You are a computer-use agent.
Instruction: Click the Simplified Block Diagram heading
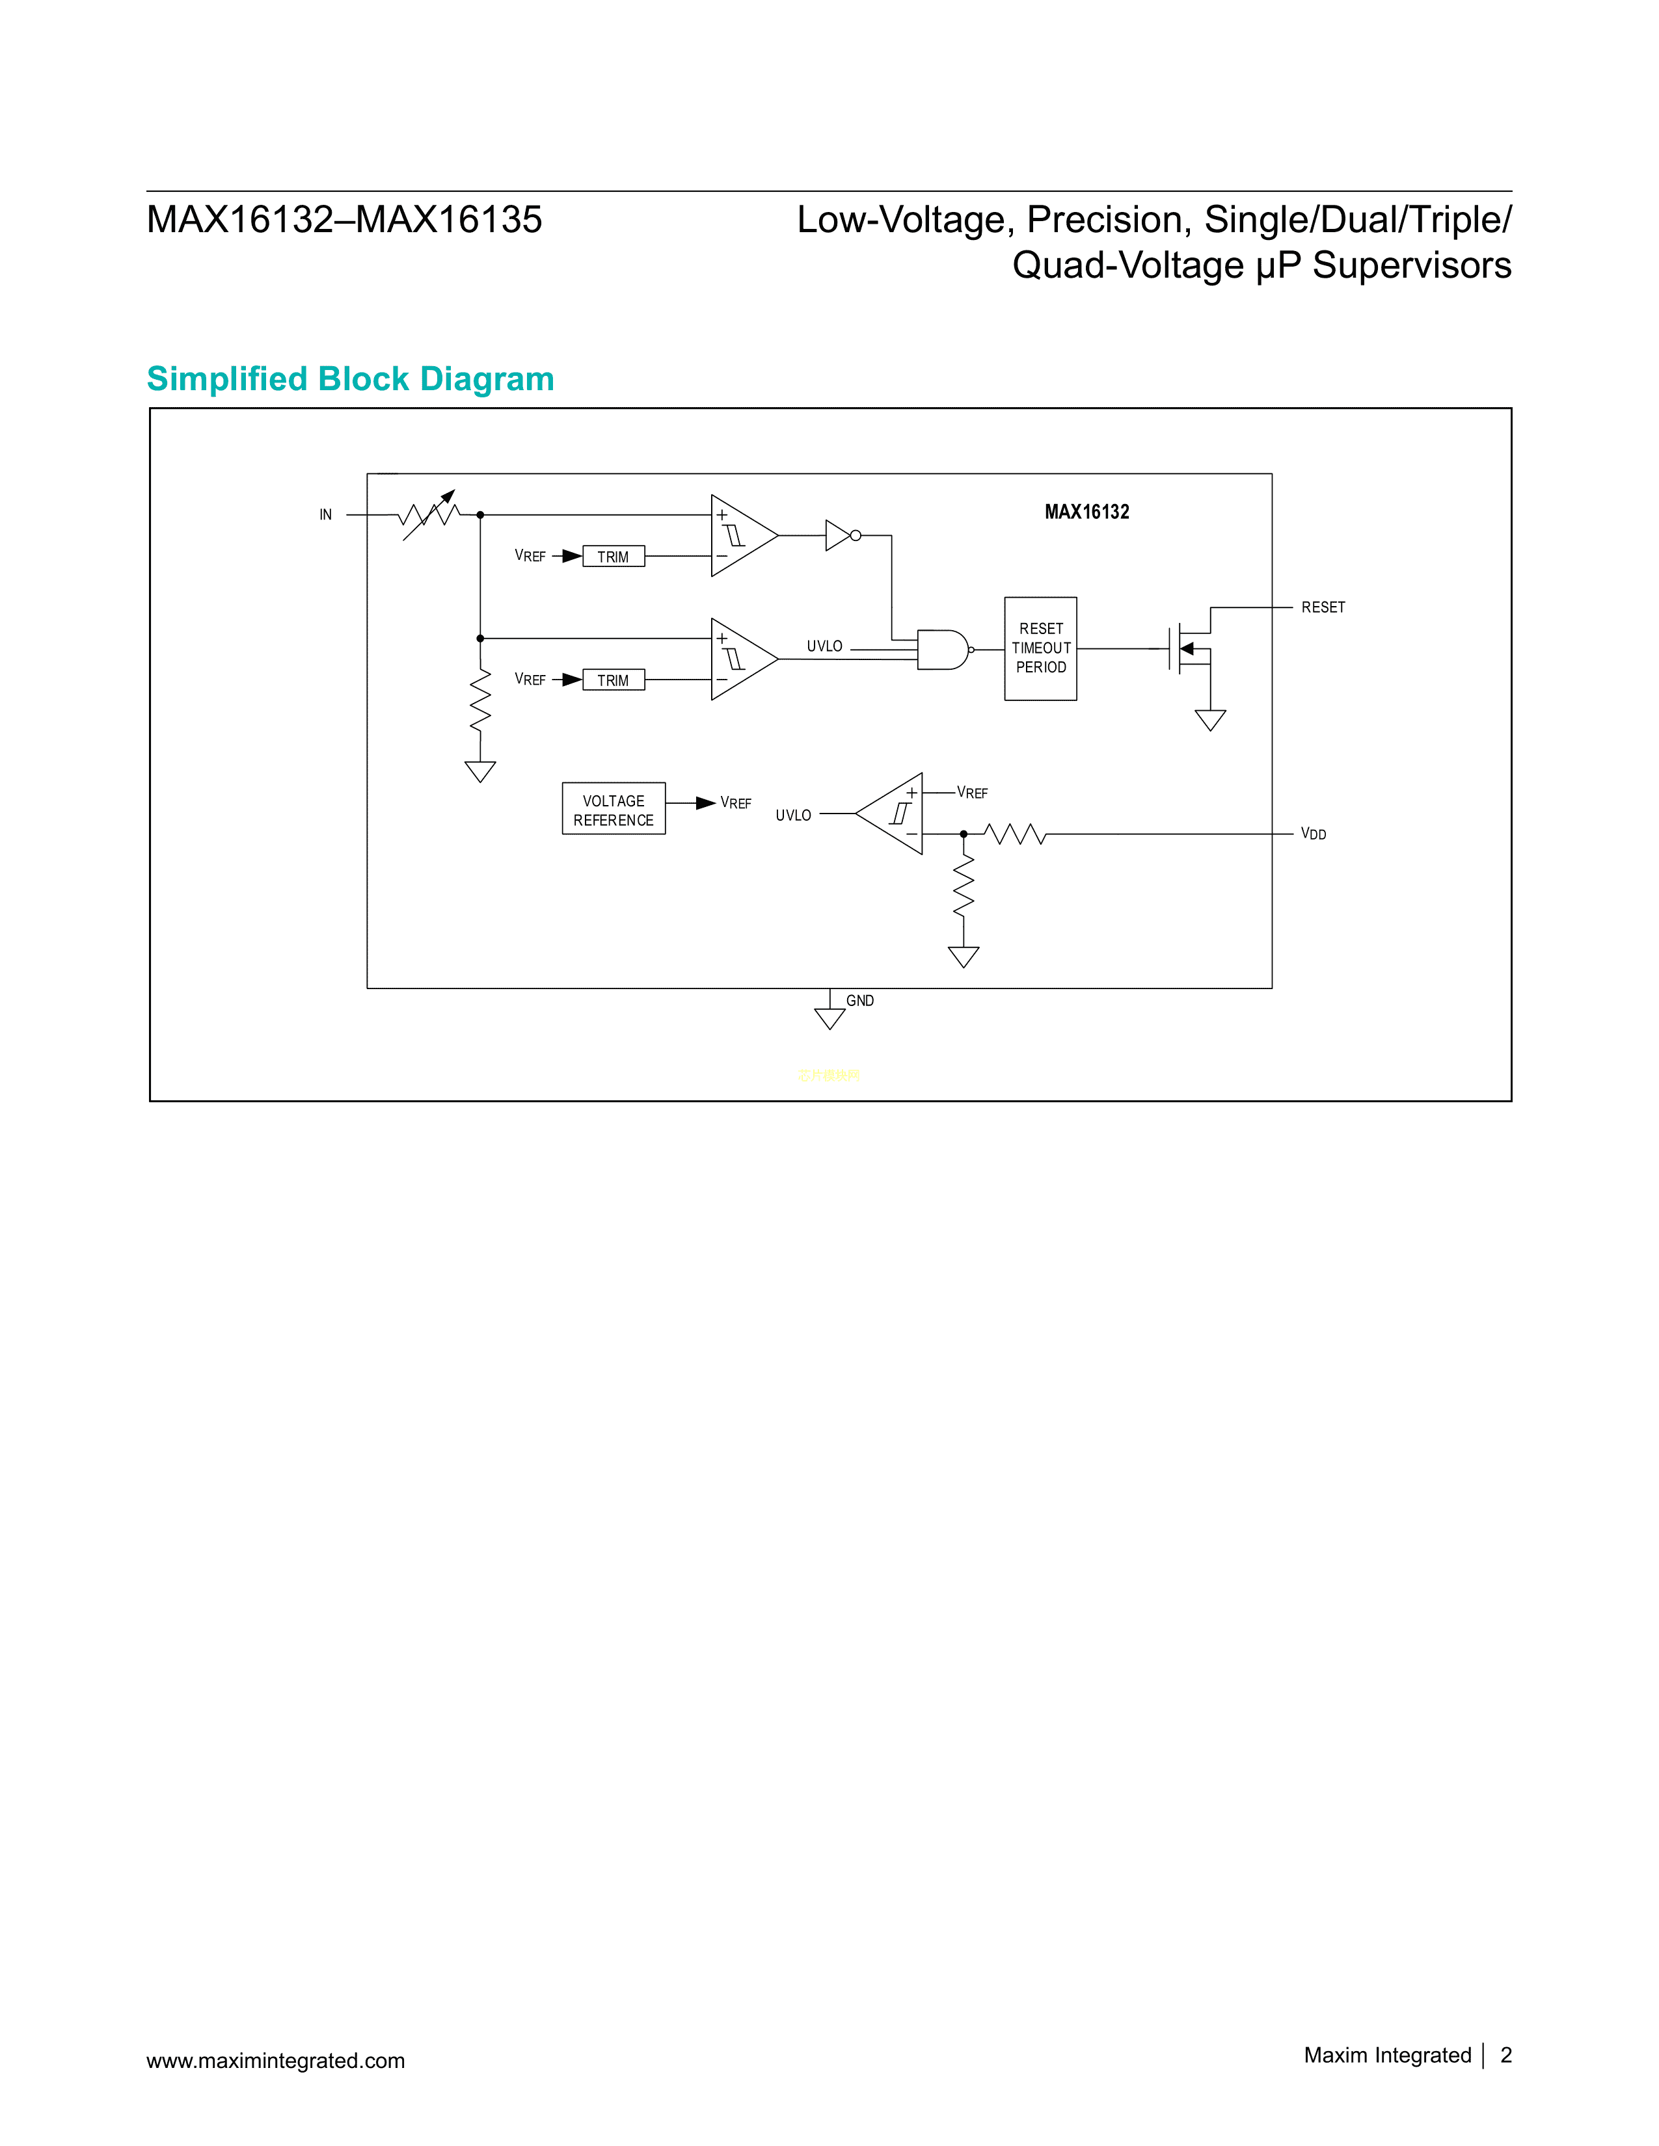coord(350,379)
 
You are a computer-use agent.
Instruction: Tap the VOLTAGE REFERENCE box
coord(614,810)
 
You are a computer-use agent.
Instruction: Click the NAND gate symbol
coord(941,650)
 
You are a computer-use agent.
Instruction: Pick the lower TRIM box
coord(614,680)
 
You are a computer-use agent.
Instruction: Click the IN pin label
coord(325,515)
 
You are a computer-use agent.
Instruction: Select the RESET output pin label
coord(1323,608)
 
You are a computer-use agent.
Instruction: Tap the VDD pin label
coord(1313,834)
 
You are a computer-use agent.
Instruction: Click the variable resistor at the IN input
coord(429,514)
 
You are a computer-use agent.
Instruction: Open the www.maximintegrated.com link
coord(275,2061)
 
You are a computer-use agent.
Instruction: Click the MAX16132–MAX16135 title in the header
coord(344,220)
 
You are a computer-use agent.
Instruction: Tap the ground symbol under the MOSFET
coord(1210,721)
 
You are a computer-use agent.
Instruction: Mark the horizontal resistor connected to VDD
coord(1014,834)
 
